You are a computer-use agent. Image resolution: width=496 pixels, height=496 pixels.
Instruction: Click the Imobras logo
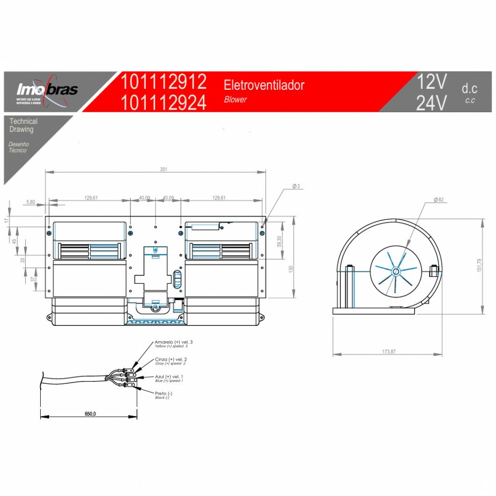coord(47,90)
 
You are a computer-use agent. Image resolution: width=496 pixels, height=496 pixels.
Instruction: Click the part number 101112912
coord(164,81)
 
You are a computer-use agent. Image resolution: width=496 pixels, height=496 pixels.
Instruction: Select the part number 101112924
coord(164,103)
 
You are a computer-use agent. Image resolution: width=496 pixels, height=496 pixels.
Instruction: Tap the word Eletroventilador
coord(264,85)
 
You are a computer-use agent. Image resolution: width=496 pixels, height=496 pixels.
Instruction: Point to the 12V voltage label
coord(432,81)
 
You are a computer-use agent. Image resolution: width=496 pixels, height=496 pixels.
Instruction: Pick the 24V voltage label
coord(432,103)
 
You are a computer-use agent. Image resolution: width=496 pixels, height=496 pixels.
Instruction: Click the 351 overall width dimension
coord(164,169)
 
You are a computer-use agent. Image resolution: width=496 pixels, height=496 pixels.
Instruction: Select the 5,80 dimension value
coord(31,202)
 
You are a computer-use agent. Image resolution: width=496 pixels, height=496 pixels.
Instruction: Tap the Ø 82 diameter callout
coord(438,199)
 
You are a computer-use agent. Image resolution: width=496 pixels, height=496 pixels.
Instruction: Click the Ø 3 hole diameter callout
coord(296,186)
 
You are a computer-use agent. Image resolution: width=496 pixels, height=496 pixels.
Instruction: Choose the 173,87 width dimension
coord(389,352)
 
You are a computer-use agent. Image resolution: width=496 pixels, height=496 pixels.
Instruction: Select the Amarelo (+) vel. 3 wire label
coord(174,342)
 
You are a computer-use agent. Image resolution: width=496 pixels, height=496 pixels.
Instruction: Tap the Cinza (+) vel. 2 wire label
coord(171,359)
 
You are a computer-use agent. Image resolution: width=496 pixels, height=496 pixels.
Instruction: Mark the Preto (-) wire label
coord(164,393)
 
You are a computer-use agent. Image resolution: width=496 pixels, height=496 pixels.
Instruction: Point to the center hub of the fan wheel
coord(396,272)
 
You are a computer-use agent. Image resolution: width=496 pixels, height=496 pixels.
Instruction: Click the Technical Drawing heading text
coord(23,125)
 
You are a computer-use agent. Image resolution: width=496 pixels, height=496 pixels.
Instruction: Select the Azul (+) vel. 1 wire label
coord(169,376)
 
